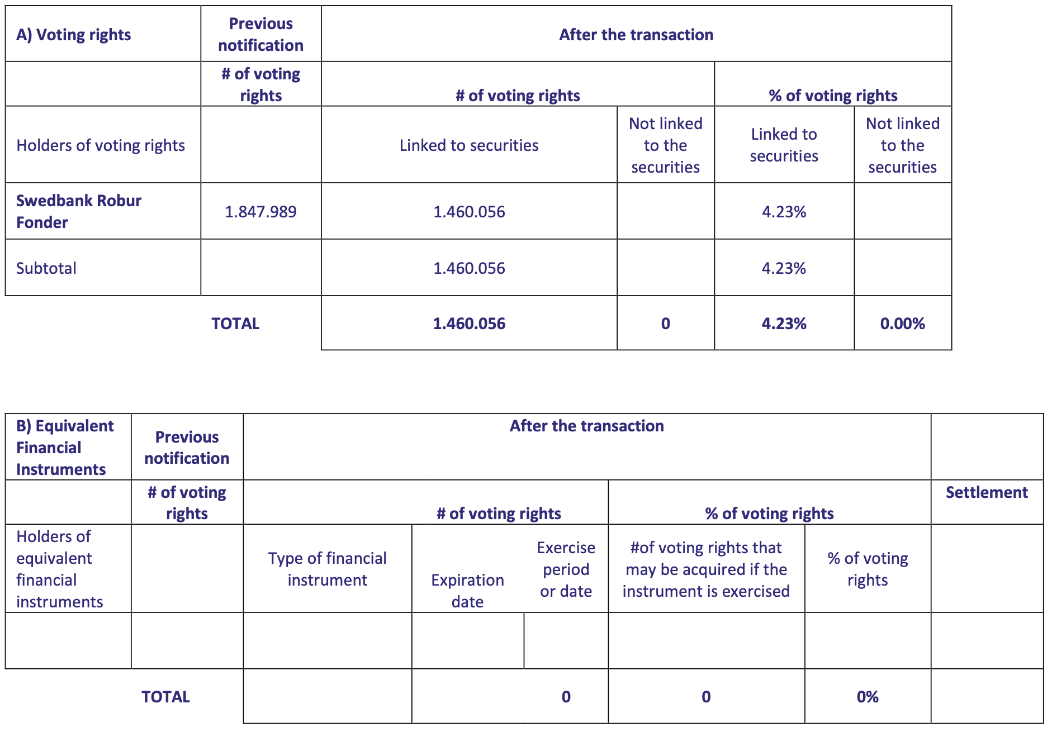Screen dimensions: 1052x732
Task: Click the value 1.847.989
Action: coord(260,212)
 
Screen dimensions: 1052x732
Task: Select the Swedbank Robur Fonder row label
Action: coord(79,211)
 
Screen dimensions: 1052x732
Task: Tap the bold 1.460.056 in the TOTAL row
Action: coord(469,324)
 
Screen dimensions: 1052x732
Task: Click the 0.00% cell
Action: coord(902,324)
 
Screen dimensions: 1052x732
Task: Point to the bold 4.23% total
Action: coord(784,324)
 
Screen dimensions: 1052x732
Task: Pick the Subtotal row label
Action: coord(46,268)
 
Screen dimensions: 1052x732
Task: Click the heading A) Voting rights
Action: coord(74,35)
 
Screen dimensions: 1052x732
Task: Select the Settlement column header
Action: coord(987,492)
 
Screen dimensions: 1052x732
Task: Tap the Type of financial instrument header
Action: coord(328,569)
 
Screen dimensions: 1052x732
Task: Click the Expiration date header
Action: coord(468,591)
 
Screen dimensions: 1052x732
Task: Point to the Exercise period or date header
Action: coord(566,569)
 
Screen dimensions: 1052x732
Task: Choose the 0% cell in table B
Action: coord(868,697)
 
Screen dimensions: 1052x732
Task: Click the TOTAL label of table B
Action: coord(165,697)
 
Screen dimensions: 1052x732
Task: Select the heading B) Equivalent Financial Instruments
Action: coord(65,448)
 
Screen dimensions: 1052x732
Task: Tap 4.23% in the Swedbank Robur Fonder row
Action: coord(784,212)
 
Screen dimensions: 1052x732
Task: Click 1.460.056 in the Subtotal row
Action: coord(469,268)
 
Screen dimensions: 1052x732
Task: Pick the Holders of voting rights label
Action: coord(101,145)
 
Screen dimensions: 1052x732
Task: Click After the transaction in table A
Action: coord(636,35)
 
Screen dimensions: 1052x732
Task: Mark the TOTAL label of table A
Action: coord(235,324)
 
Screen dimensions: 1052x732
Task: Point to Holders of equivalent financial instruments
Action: coord(60,569)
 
